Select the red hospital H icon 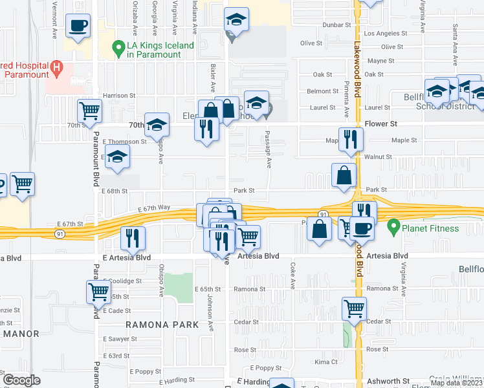[x=56, y=66]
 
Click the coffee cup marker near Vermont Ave [x=78, y=27]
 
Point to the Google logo [x=21, y=380]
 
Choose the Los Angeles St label [x=388, y=33]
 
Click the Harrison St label [x=119, y=95]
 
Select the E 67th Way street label [x=154, y=208]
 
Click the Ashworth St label [x=388, y=382]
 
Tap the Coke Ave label [x=292, y=275]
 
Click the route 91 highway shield [x=322, y=213]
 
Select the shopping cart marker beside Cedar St [x=354, y=308]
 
